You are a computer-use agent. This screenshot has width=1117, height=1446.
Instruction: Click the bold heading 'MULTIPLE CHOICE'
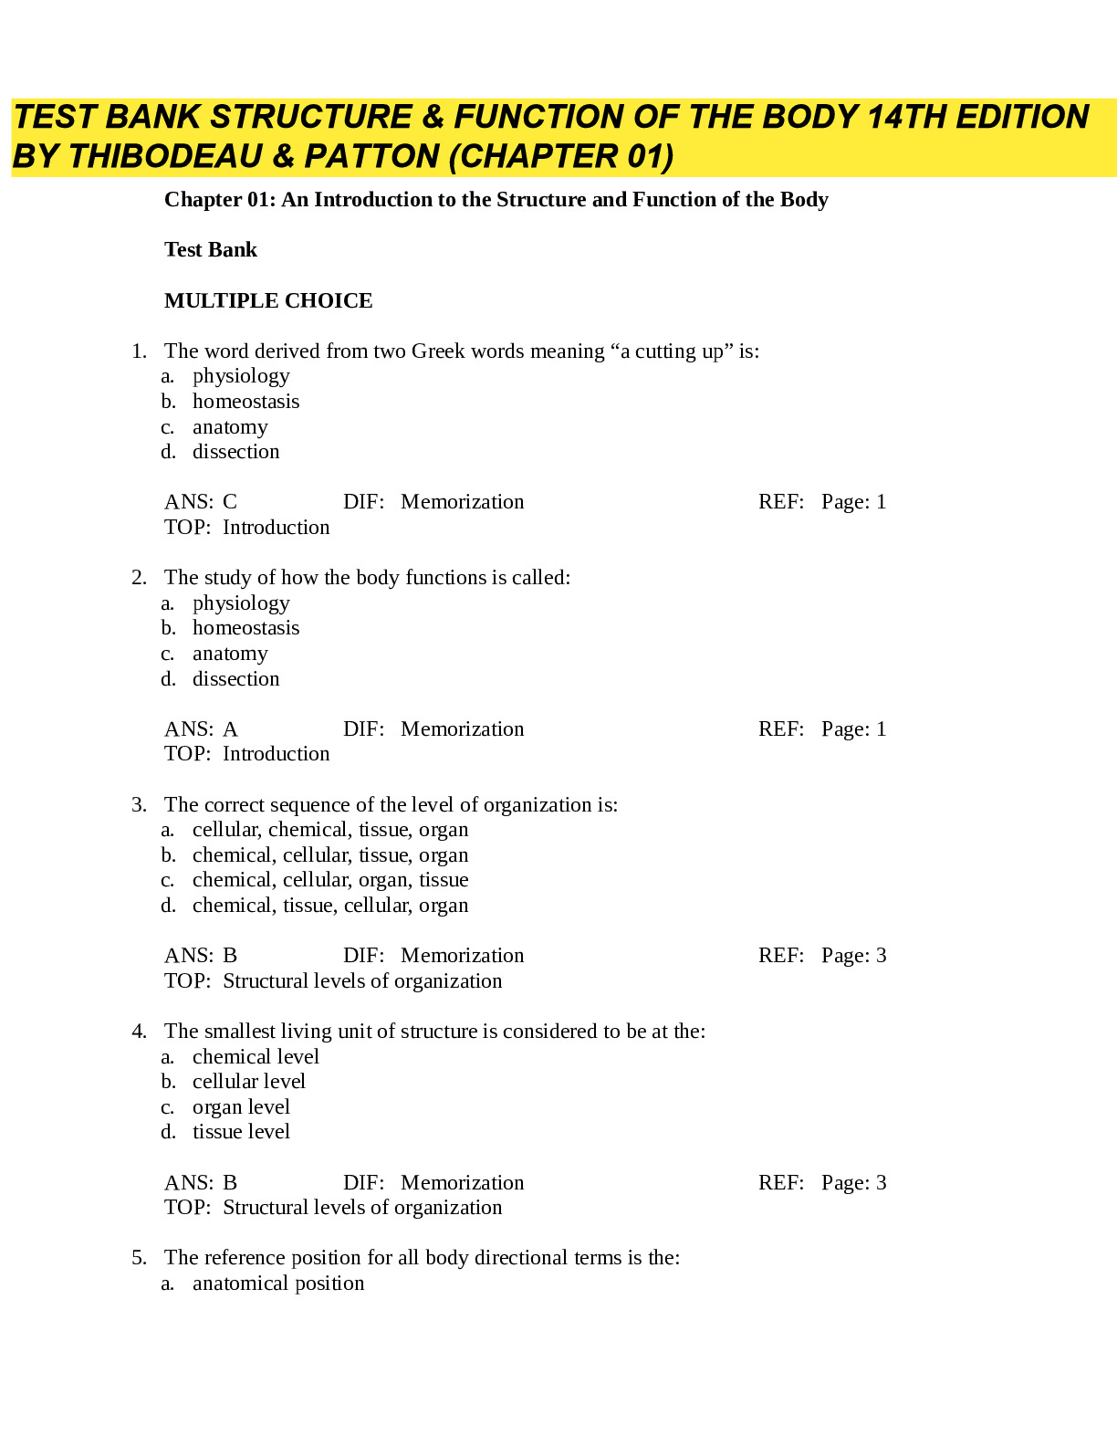[x=268, y=300]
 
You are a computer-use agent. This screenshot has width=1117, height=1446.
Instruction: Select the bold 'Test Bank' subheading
[x=211, y=250]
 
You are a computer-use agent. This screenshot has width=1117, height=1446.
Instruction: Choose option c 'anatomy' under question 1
[x=230, y=427]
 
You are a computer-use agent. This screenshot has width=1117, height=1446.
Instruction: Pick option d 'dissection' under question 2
[x=235, y=679]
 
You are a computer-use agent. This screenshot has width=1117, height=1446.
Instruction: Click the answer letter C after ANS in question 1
[x=230, y=502]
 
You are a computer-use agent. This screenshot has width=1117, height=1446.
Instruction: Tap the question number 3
[x=138, y=804]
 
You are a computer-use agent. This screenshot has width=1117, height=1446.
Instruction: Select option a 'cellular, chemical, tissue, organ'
[x=330, y=830]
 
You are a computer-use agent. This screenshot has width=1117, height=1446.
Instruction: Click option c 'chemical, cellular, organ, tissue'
[x=330, y=880]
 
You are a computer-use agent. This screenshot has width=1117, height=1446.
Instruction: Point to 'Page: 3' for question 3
[x=853, y=956]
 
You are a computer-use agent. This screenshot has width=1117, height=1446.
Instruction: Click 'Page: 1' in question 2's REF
[x=853, y=729]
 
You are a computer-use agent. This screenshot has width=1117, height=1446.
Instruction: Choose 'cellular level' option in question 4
[x=248, y=1082]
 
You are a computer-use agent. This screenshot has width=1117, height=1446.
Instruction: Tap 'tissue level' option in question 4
[x=241, y=1132]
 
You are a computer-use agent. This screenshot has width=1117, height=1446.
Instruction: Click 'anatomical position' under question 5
[x=278, y=1284]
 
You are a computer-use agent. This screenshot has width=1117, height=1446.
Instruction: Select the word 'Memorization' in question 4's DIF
[x=462, y=1183]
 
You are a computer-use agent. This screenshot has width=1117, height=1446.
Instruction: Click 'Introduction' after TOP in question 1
[x=276, y=528]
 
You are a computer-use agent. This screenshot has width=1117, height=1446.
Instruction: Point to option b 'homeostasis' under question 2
[x=245, y=628]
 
